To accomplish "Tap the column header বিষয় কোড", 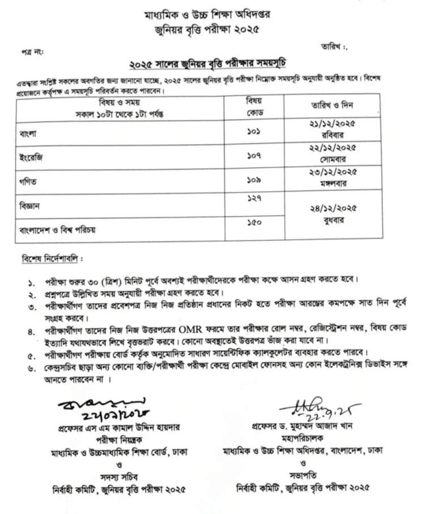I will coord(252,106).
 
